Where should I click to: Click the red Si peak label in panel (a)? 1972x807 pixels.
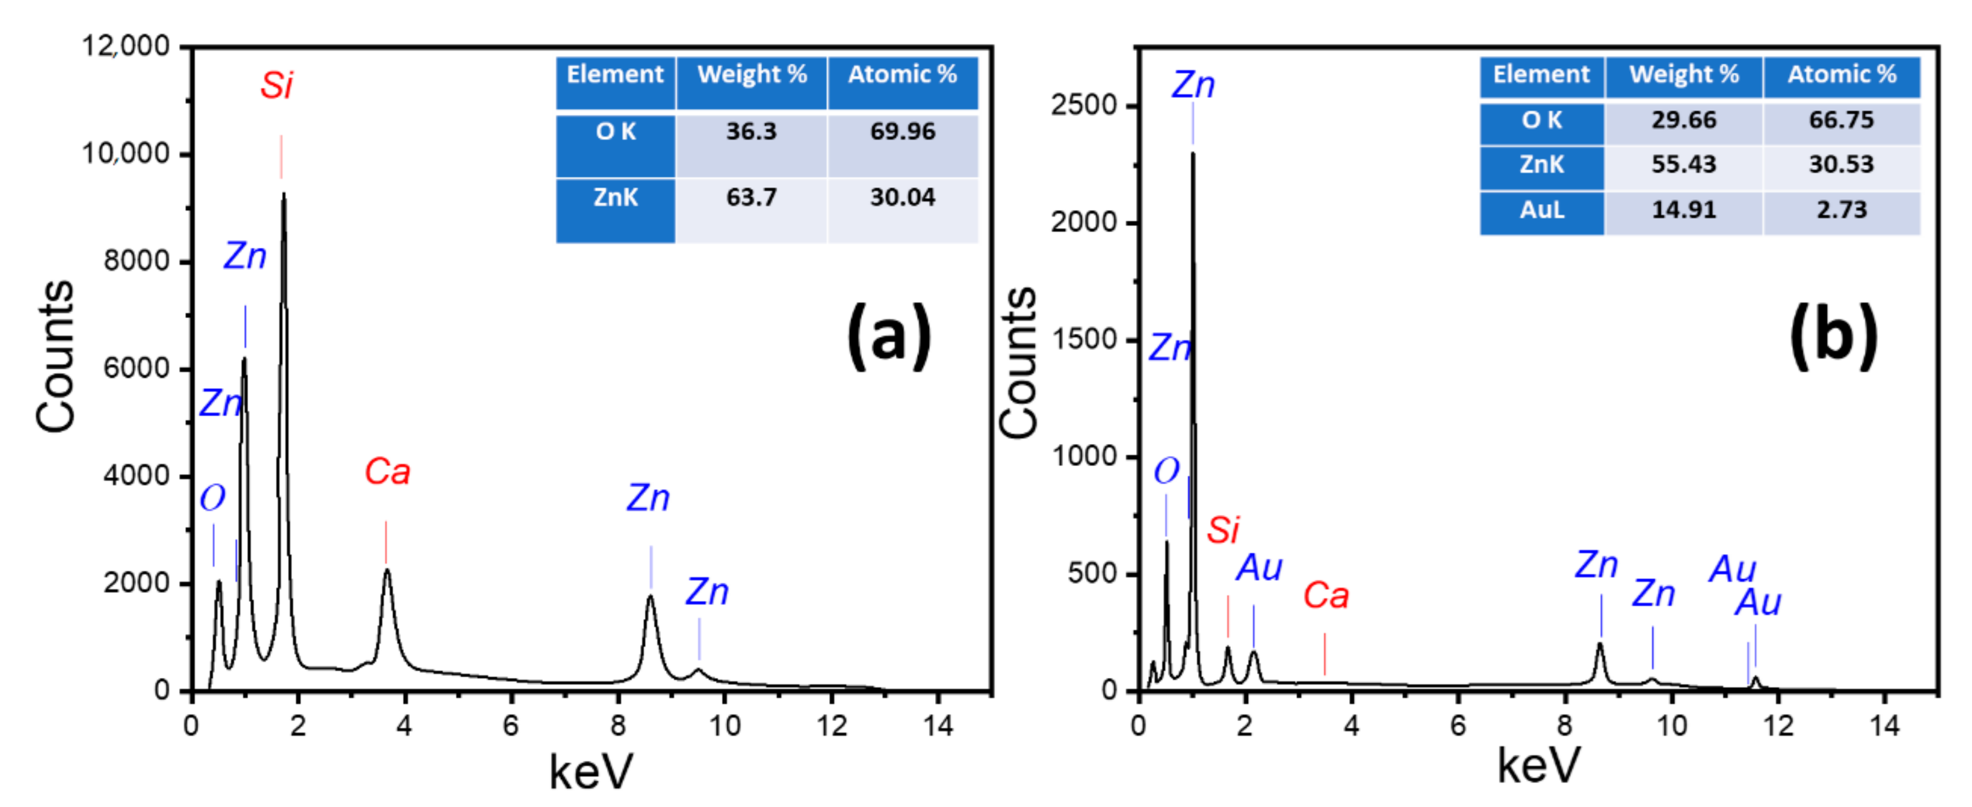click(276, 86)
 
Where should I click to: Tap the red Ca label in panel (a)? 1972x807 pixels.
click(387, 472)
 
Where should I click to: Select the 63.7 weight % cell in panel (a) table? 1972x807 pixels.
click(751, 197)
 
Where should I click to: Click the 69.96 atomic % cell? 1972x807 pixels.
click(902, 132)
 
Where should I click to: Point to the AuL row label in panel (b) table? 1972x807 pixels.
click(1541, 210)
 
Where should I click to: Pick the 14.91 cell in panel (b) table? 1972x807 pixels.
click(1683, 210)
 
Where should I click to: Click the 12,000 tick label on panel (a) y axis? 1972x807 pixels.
click(126, 47)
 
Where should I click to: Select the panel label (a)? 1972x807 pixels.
click(888, 335)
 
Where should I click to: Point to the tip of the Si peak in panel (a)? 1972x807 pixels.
click(284, 195)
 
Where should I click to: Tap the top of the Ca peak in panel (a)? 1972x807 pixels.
click(387, 570)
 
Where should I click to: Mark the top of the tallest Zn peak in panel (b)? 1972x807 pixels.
click(1193, 154)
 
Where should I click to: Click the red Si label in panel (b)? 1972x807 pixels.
click(1223, 530)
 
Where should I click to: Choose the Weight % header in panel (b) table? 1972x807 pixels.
click(1683, 75)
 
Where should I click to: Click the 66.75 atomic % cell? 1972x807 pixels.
click(1841, 120)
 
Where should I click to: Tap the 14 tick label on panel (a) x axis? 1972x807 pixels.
click(938, 725)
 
